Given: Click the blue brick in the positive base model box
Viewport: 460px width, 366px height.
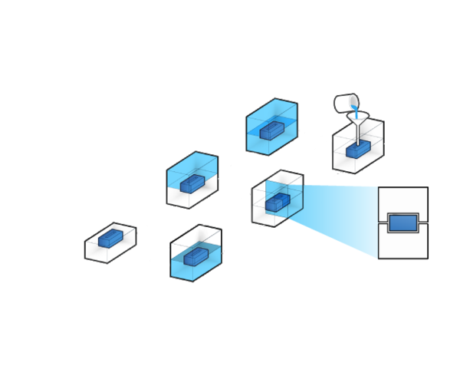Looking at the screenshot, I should (x=110, y=239).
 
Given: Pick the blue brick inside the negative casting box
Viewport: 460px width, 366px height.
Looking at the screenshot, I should (x=192, y=184).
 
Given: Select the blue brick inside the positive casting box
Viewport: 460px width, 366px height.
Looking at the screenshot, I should (x=271, y=130).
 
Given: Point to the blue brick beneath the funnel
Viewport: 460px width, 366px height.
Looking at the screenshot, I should (x=358, y=150).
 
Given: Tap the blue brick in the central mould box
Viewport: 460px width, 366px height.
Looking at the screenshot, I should (x=277, y=202).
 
